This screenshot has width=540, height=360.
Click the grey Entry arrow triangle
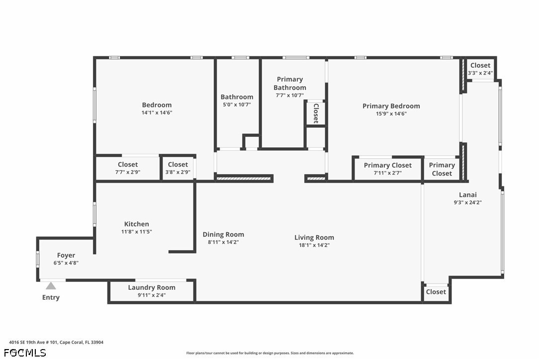pyautogui.click(x=51, y=285)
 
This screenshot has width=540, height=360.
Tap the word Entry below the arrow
pyautogui.click(x=51, y=297)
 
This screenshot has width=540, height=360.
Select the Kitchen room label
pyautogui.click(x=136, y=224)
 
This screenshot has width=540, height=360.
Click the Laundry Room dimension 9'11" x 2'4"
pyautogui.click(x=152, y=295)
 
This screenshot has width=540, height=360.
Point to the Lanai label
pyautogui.click(x=468, y=194)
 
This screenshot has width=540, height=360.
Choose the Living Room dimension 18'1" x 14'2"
pyautogui.click(x=314, y=245)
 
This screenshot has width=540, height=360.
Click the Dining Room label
pyautogui.click(x=223, y=234)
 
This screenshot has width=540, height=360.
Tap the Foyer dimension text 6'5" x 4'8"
pyautogui.click(x=66, y=263)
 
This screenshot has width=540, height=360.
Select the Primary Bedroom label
pyautogui.click(x=391, y=106)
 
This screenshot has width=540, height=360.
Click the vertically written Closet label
pyautogui.click(x=316, y=113)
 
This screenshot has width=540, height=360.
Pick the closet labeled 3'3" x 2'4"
pyautogui.click(x=480, y=69)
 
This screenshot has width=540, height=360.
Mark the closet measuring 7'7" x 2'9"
pyautogui.click(x=128, y=168)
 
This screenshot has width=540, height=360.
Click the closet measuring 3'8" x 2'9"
pyautogui.click(x=178, y=168)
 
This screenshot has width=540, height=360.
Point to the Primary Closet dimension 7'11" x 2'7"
pyautogui.click(x=388, y=173)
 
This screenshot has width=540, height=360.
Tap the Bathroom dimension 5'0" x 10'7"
pyautogui.click(x=237, y=104)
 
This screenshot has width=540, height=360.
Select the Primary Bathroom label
pyautogui.click(x=289, y=84)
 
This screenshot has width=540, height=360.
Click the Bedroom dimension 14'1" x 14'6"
pyautogui.click(x=157, y=113)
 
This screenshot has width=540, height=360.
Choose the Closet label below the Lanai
pyautogui.click(x=436, y=292)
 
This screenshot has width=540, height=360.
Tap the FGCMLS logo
pyautogui.click(x=25, y=353)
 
